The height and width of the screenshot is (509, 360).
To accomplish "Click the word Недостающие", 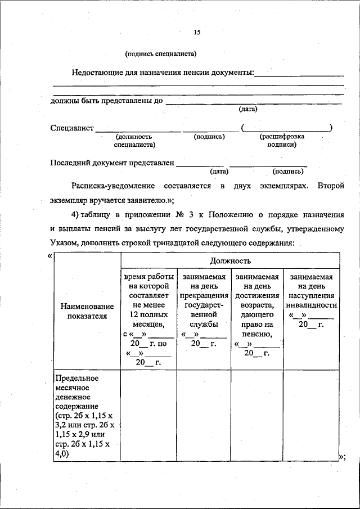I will (100, 73).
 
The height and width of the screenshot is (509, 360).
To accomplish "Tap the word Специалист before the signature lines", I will (72, 128).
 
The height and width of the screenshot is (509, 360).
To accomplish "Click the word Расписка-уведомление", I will (114, 185).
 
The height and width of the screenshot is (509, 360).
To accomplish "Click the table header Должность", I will (231, 261).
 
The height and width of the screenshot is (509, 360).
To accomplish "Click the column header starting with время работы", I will (148, 318).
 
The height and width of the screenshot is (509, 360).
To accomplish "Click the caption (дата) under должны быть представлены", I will (248, 109).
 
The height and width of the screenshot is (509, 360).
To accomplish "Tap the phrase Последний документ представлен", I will (112, 163).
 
